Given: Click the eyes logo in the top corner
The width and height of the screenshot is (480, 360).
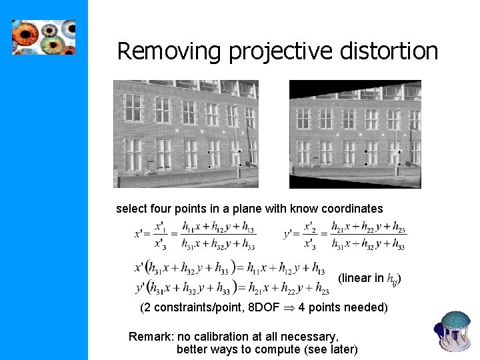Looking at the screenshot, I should tap(44, 37).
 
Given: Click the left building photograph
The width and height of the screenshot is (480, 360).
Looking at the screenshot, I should tap(186, 133).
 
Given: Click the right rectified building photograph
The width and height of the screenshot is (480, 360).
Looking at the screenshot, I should tap(355, 134).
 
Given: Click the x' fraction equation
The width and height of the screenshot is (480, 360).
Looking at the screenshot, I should tap(195, 235).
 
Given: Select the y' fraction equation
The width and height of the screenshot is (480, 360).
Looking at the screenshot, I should tap(345, 235).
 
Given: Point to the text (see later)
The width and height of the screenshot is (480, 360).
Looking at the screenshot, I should tap(331, 349).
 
